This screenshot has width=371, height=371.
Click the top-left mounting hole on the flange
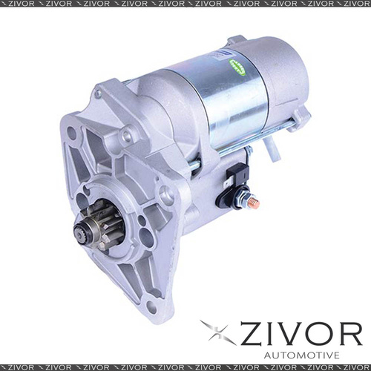[x=71, y=134]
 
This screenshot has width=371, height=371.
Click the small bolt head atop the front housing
[x=98, y=94]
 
